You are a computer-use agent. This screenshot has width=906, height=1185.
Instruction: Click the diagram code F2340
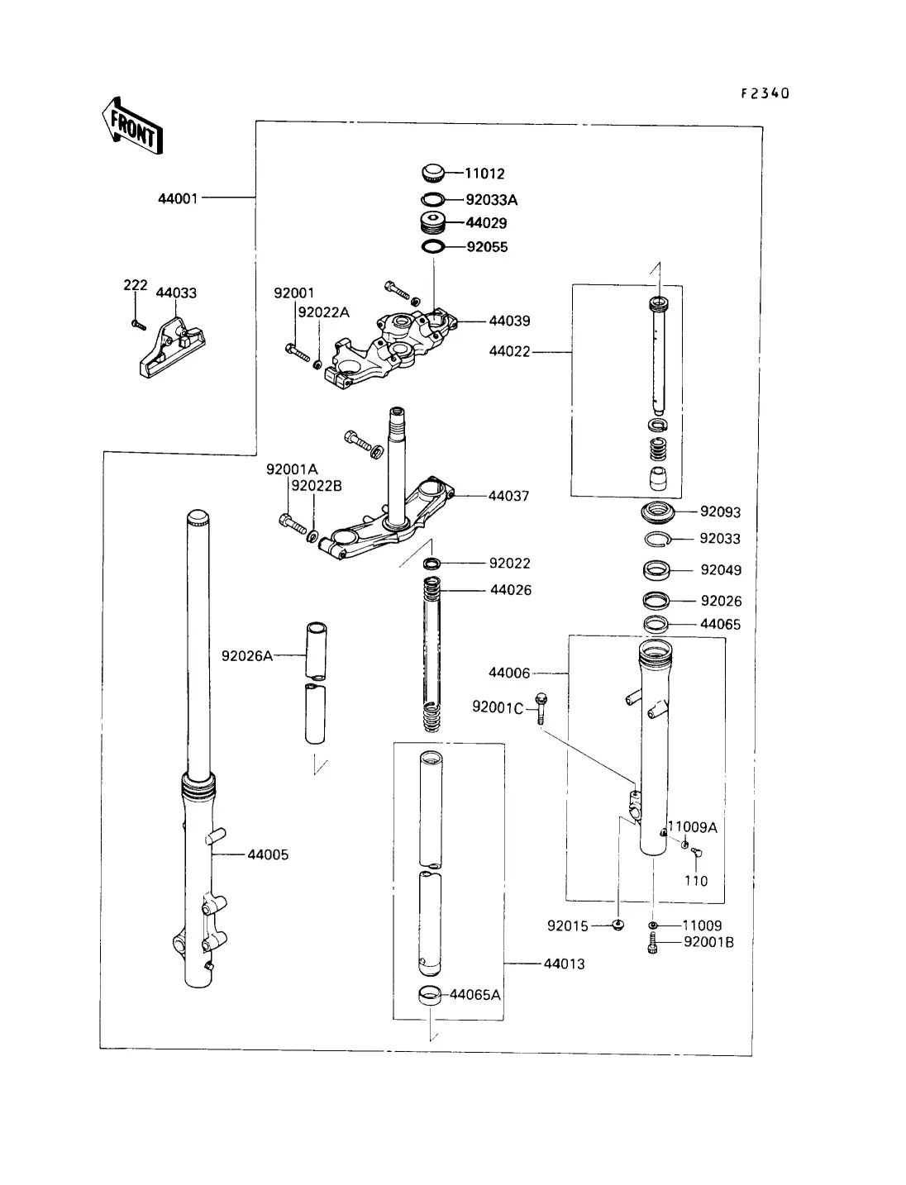tap(765, 93)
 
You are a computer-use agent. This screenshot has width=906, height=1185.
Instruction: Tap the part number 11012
tap(484, 174)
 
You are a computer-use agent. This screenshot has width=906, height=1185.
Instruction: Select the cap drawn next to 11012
tap(432, 173)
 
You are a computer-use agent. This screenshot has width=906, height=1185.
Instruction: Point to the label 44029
tap(486, 223)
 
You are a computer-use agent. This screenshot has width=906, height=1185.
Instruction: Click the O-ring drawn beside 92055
tap(432, 247)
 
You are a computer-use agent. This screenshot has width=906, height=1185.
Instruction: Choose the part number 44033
tap(176, 293)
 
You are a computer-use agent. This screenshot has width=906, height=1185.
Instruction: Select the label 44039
tap(509, 321)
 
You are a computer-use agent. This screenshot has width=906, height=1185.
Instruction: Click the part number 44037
tap(508, 496)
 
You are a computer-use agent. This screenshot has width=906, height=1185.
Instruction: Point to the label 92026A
tap(246, 656)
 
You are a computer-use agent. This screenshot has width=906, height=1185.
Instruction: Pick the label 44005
tap(268, 854)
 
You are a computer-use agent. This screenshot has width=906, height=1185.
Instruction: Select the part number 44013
tap(564, 964)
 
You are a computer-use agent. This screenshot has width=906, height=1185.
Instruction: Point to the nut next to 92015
tap(618, 925)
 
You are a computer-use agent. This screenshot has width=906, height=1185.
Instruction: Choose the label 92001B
tap(708, 942)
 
